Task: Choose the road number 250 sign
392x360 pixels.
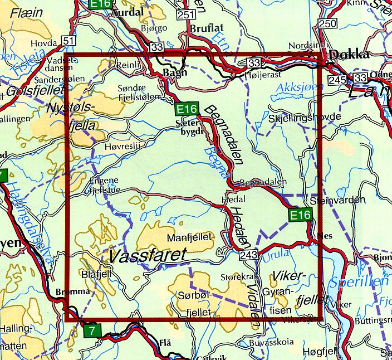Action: pos(329,23)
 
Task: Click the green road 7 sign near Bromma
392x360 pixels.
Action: pos(94,331)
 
